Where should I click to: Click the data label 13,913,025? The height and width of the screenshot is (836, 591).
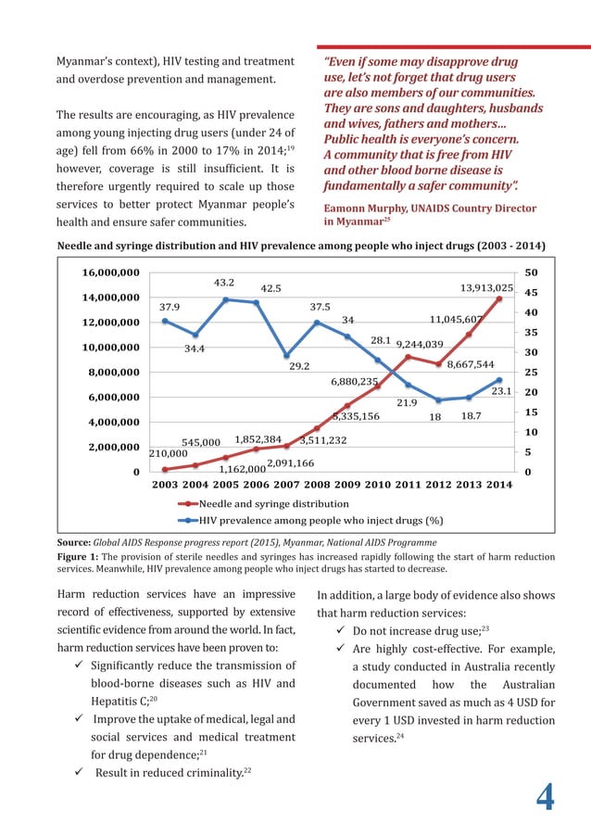(486, 289)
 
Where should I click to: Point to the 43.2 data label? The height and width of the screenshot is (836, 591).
(224, 282)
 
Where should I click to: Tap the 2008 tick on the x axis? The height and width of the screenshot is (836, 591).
(317, 485)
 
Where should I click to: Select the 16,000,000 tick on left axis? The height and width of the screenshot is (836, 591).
(111, 273)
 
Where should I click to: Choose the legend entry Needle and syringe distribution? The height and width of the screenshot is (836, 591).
(261, 503)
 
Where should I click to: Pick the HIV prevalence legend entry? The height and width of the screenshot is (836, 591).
(320, 520)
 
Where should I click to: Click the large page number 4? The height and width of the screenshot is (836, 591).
(547, 796)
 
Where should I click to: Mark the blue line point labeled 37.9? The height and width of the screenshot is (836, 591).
(165, 321)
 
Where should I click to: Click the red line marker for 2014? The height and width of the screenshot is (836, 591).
(499, 298)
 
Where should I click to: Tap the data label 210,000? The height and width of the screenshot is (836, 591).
(168, 454)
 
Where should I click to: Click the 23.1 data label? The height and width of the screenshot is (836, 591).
(501, 393)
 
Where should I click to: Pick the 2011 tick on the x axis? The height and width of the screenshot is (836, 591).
(408, 485)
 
